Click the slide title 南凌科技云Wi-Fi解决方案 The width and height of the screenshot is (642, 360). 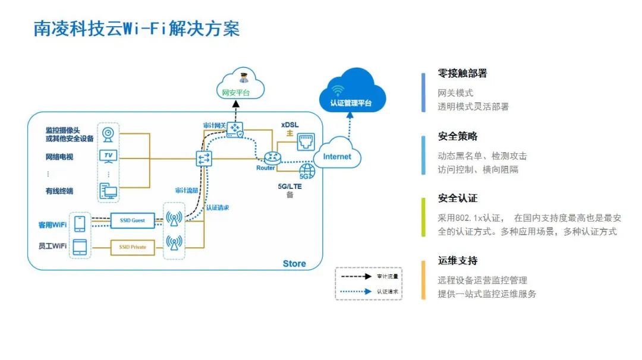point(137,29)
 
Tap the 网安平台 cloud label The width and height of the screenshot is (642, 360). point(235,93)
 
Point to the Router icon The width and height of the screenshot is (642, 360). point(272,157)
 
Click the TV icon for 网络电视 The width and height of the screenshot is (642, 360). point(108,156)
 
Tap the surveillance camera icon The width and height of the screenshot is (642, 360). point(108,133)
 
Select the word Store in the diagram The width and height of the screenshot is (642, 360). point(294,263)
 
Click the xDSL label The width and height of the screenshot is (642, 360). point(291,125)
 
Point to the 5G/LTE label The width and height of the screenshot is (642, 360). point(290,186)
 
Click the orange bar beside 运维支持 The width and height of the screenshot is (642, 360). point(423,280)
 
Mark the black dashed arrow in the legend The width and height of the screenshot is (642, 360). point(355,276)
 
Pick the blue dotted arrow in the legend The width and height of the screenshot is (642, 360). point(355,291)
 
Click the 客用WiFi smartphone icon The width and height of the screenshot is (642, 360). point(80,224)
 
